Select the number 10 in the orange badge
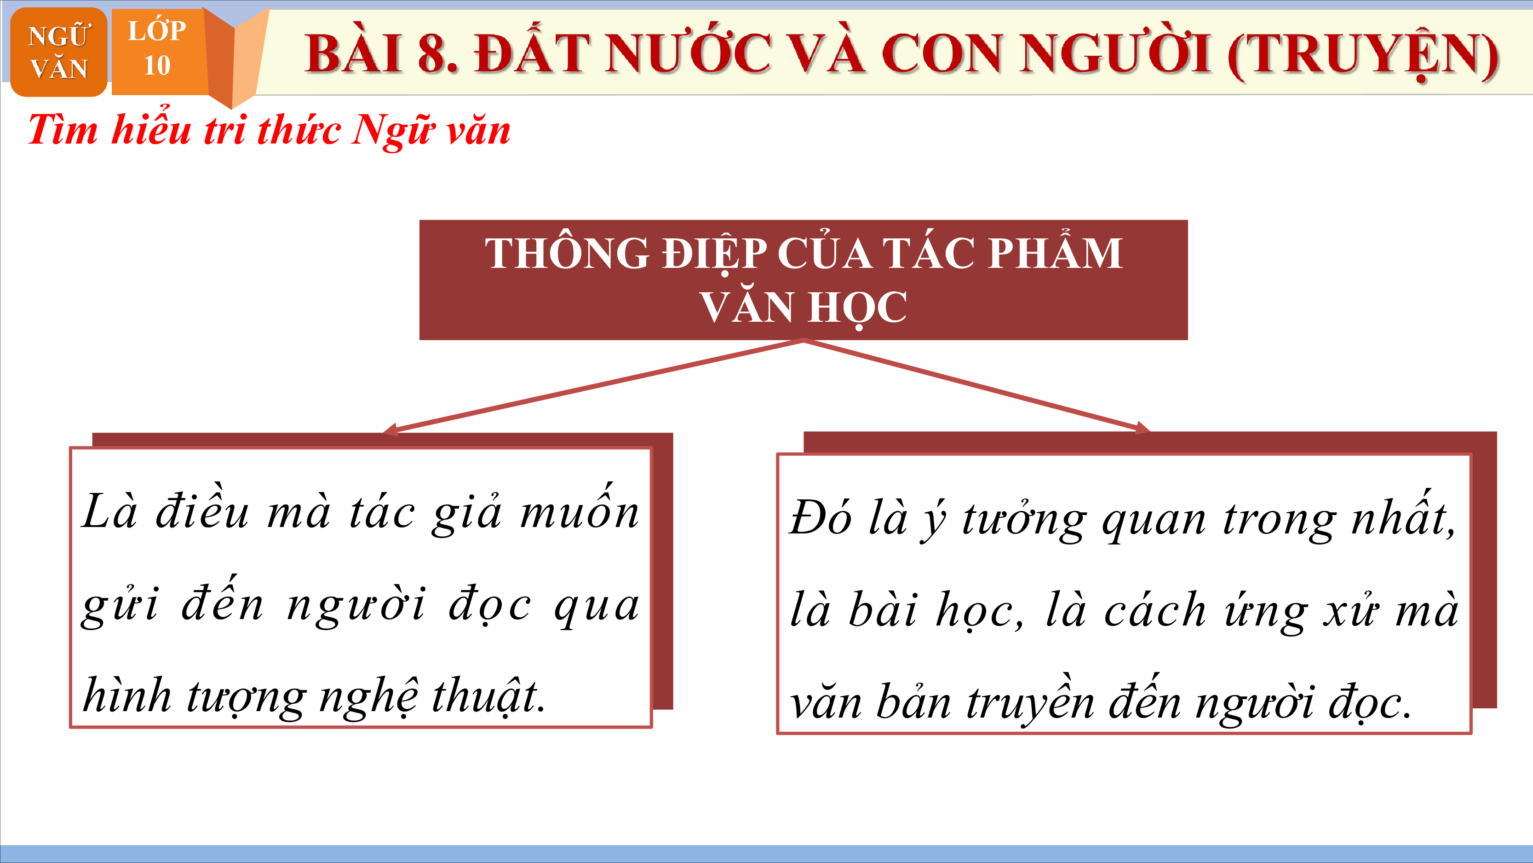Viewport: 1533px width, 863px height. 157,65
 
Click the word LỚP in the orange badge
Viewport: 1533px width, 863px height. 157,30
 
